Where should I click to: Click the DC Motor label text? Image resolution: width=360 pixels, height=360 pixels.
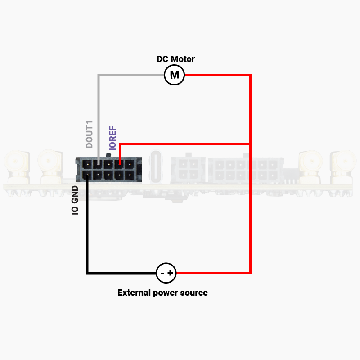coord(175,59)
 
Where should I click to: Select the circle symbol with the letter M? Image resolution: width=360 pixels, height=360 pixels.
coord(175,75)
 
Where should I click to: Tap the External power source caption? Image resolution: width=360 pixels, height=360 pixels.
coord(162,293)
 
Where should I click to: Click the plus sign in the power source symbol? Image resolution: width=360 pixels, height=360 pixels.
coord(170,273)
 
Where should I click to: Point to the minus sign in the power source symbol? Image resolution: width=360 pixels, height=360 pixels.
coord(162,273)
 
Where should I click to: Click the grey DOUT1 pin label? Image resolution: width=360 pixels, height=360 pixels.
coord(89,134)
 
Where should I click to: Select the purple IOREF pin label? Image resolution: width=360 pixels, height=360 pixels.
coord(112,138)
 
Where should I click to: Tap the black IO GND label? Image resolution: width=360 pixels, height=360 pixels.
coord(75,200)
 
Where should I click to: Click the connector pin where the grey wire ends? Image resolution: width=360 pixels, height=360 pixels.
coord(98,164)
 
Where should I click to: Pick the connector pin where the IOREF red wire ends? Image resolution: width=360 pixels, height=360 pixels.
coord(119,164)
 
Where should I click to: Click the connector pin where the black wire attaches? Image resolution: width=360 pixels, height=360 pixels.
coord(87,175)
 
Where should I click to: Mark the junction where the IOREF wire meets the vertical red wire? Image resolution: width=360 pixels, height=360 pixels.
coord(250,144)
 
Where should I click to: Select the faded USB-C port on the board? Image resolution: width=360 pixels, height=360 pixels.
coord(156,166)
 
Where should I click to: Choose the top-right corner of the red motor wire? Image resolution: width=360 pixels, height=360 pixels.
coord(250,75)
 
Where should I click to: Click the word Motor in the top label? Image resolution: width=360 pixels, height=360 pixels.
coord(183,59)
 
